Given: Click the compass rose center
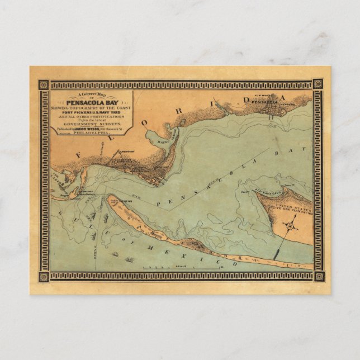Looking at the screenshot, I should click(290, 226).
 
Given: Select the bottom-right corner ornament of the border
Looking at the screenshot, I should click(318, 276).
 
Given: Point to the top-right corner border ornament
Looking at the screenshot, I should click(318, 84).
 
